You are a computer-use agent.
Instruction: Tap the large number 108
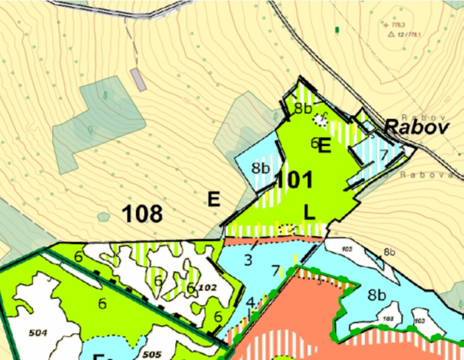[143, 213]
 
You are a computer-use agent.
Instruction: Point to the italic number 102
[207, 286]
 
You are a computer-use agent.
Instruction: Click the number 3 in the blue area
[248, 260]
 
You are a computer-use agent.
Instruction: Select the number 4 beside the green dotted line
[251, 302]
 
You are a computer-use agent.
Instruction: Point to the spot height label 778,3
[397, 24]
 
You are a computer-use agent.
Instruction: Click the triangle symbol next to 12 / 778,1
[391, 35]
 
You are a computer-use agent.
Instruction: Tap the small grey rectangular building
[138, 79]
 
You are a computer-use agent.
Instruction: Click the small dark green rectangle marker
[337, 30]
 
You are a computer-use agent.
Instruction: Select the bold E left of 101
[214, 199]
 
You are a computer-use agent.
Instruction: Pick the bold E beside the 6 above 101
[324, 146]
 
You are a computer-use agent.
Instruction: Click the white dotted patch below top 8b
[320, 119]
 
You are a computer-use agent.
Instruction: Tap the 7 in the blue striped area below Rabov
[383, 154]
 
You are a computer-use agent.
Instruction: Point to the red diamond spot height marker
[386, 24]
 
